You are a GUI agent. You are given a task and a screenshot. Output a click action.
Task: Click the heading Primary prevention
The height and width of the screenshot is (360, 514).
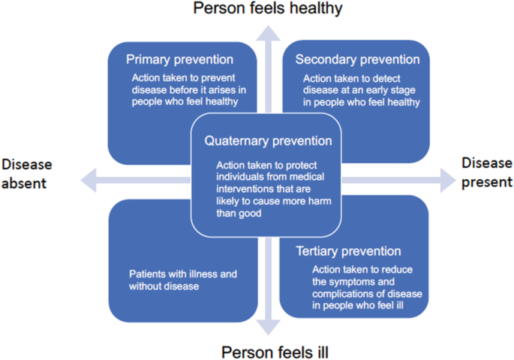179,59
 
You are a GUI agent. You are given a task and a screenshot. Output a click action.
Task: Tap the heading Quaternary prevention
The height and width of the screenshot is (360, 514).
268,140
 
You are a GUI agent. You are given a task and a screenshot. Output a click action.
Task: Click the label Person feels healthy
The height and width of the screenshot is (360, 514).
268,9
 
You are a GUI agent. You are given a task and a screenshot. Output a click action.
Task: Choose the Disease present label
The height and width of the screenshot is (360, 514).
486,172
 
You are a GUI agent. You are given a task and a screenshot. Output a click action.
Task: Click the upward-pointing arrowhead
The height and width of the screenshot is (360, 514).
268,31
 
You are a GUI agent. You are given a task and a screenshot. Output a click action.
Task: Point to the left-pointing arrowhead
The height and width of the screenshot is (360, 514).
89,177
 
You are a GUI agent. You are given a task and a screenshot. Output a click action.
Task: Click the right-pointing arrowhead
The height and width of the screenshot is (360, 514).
447,177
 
